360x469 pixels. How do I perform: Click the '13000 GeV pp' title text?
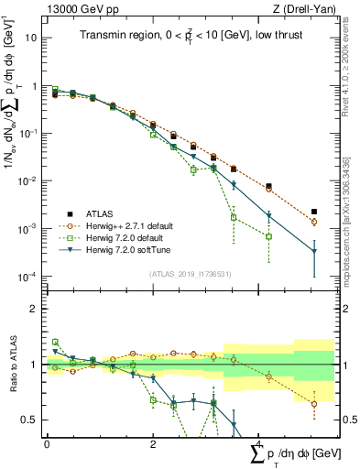click(81, 10)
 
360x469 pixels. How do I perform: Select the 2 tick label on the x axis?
click(151, 444)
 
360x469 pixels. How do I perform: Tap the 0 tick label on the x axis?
click(47, 444)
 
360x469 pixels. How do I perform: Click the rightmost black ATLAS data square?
click(314, 212)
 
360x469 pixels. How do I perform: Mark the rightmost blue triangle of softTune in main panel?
click(314, 251)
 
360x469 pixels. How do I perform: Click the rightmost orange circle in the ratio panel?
click(314, 404)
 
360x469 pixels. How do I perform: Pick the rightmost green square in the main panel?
click(268, 236)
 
